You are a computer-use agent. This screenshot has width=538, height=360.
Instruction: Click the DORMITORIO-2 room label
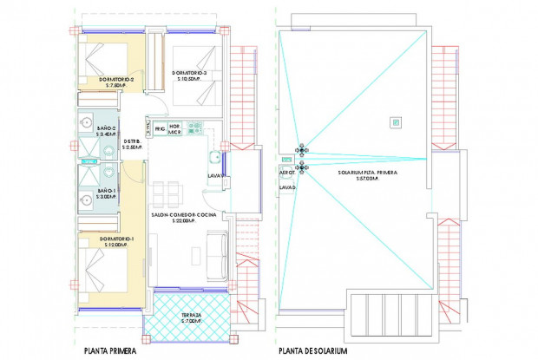(109, 81)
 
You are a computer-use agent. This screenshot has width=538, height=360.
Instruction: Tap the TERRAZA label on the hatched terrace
(191, 318)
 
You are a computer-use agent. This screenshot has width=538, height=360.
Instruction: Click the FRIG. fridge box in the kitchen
(160, 129)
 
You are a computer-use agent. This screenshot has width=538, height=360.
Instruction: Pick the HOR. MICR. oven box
(174, 129)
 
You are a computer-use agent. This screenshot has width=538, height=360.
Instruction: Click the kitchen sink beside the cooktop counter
(212, 158)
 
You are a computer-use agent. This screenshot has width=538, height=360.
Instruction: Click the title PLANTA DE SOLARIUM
(312, 351)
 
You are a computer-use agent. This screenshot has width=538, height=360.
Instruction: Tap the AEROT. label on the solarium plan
(287, 173)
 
